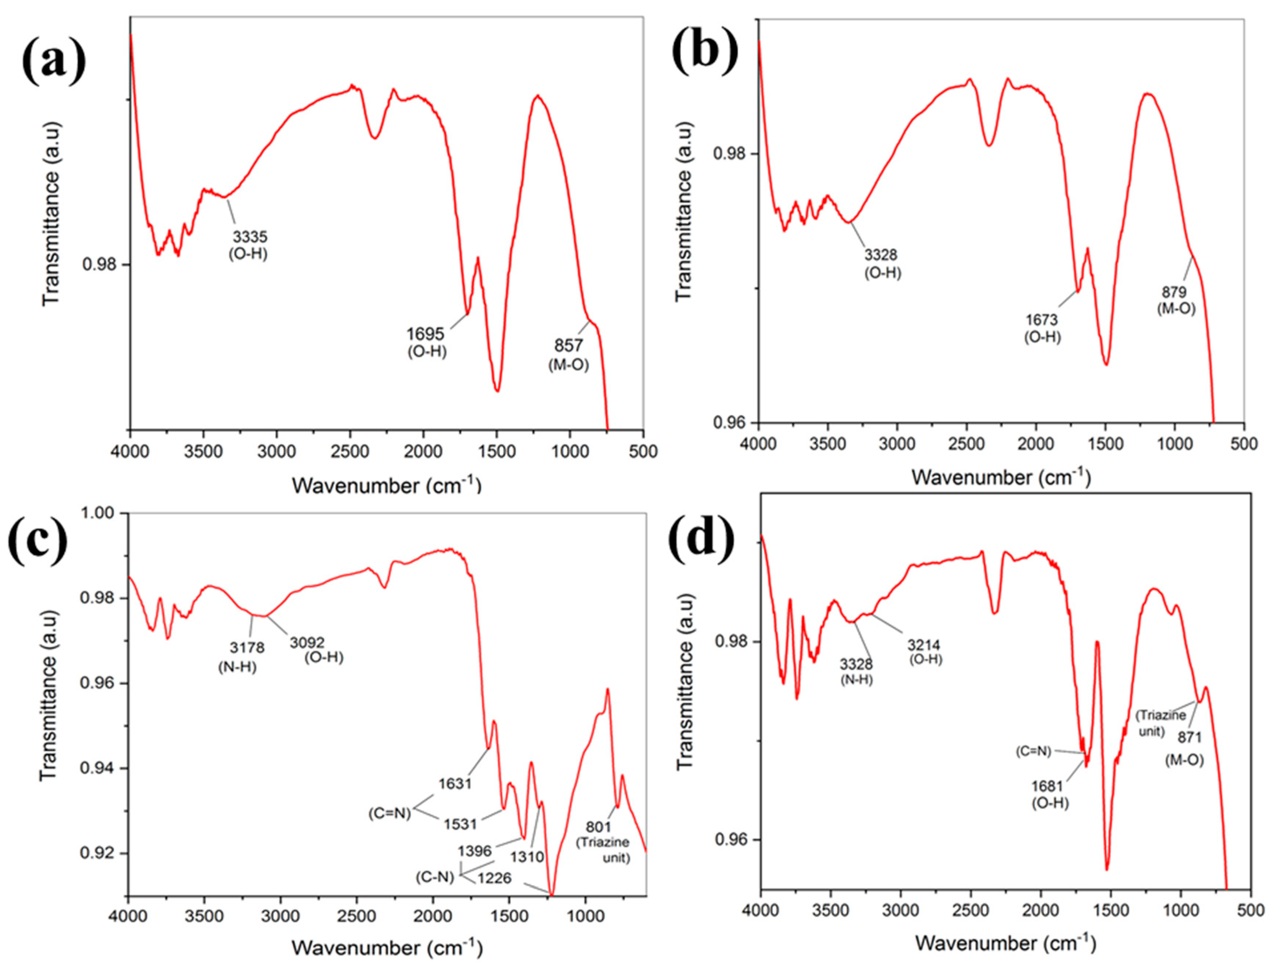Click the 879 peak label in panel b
pyautogui.click(x=1175, y=292)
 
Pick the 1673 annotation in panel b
pyautogui.click(x=1042, y=320)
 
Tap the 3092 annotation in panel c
pyautogui.click(x=307, y=642)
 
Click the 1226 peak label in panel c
pyautogui.click(x=495, y=878)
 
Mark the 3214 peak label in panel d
pyautogui.click(x=924, y=645)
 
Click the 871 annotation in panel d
pyautogui.click(x=1189, y=738)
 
